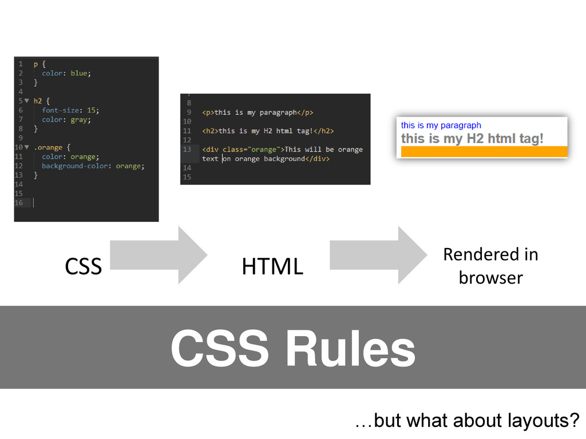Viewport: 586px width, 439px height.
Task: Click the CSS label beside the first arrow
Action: (x=83, y=266)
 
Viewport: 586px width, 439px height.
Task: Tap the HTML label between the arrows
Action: (x=272, y=266)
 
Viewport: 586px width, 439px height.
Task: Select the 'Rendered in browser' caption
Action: (x=490, y=266)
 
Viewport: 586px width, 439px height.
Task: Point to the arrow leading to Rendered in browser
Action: (x=378, y=255)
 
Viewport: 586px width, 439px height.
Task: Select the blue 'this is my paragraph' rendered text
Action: (x=441, y=125)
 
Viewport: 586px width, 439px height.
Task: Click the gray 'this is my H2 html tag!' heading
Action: (x=472, y=138)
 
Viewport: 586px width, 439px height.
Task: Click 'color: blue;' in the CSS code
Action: (x=66, y=73)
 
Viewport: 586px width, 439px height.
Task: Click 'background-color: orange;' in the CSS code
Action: (x=93, y=166)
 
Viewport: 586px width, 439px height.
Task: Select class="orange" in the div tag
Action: (x=252, y=150)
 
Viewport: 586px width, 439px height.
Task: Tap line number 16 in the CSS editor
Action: (x=19, y=203)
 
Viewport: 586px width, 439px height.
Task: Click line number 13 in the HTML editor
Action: (x=187, y=150)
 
